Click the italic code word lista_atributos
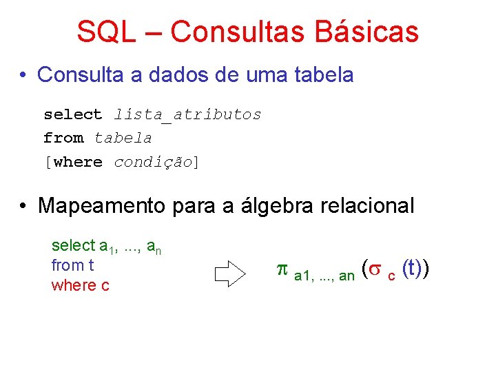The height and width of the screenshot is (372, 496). (x=187, y=114)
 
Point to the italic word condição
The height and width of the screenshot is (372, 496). (x=153, y=163)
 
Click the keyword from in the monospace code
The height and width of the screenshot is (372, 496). (x=63, y=138)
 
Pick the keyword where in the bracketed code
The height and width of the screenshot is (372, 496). (x=77, y=163)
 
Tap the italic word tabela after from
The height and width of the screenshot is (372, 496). (x=123, y=138)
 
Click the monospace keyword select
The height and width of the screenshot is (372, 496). (x=72, y=114)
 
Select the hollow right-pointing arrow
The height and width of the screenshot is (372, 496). (x=230, y=273)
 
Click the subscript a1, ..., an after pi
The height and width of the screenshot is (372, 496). (x=324, y=276)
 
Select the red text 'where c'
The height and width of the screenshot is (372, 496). (x=80, y=285)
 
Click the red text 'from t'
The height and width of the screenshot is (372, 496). (x=72, y=265)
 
